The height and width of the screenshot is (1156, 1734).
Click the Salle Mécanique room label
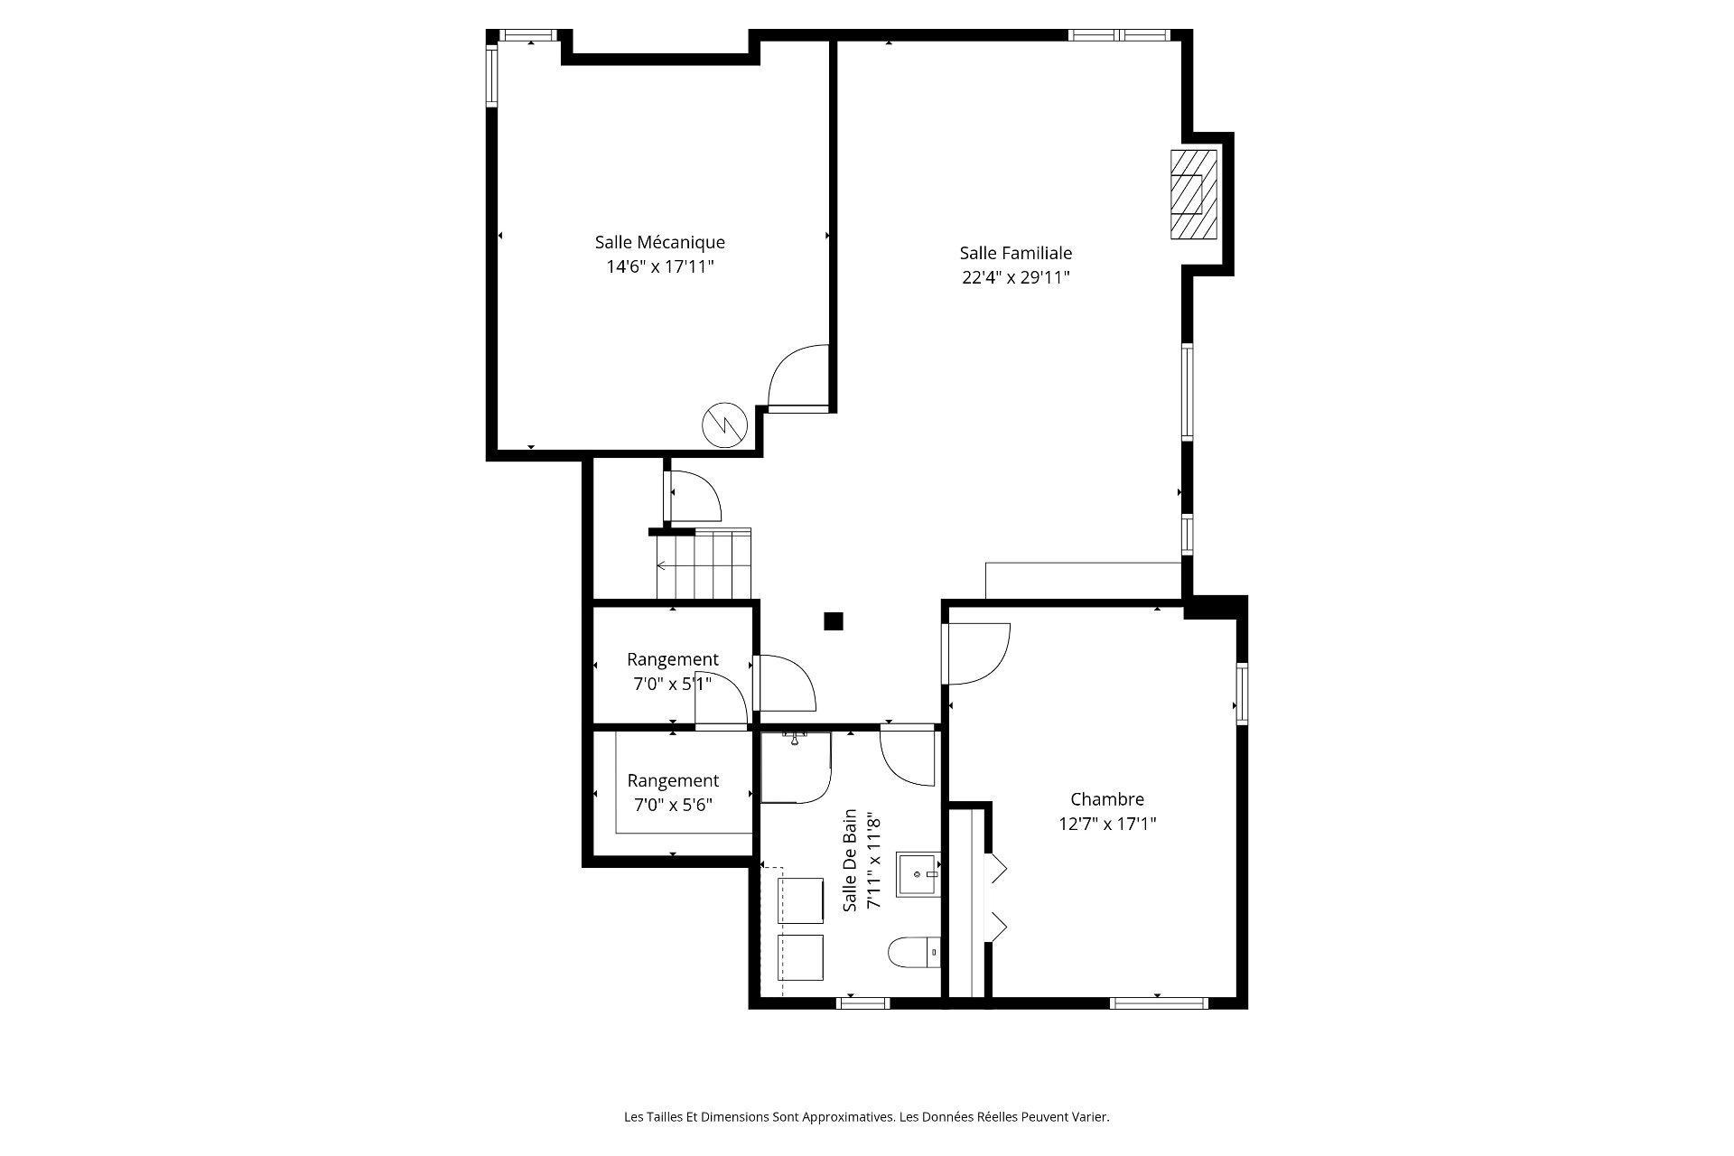tap(659, 242)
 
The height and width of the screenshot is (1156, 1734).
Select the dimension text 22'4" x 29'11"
tap(1015, 277)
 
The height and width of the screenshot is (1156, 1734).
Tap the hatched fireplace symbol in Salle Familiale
tap(1193, 194)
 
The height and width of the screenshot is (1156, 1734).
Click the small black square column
tap(833, 620)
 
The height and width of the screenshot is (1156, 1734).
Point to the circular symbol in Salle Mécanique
tap(725, 424)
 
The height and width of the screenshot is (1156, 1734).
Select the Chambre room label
tap(1106, 799)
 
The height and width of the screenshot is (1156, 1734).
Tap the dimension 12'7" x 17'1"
tap(1106, 824)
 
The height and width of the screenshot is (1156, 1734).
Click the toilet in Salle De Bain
tap(913, 952)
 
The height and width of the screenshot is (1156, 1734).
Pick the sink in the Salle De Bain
tap(918, 874)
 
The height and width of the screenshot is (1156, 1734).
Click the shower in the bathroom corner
tap(795, 768)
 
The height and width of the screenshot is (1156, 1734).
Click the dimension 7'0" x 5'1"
tap(672, 684)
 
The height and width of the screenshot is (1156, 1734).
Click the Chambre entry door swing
tap(977, 653)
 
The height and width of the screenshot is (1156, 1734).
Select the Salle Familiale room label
tap(1015, 253)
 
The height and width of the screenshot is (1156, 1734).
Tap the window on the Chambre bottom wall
tap(1158, 1002)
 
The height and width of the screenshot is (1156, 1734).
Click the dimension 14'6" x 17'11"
tap(659, 266)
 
